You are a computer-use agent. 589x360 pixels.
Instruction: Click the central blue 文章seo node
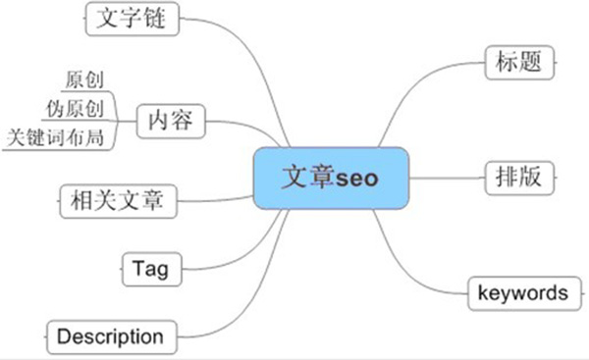(x=331, y=179)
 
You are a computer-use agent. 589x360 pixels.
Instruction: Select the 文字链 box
(x=133, y=19)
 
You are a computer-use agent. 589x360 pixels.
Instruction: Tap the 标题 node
(x=519, y=63)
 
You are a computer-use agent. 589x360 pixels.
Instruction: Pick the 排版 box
(x=519, y=178)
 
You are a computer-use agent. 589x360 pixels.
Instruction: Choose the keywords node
(x=524, y=293)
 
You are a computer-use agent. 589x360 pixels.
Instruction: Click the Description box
(x=112, y=337)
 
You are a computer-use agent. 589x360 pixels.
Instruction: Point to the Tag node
(x=152, y=269)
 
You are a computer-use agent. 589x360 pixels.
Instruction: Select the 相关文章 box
(x=118, y=201)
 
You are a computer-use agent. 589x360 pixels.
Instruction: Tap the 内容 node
(x=171, y=121)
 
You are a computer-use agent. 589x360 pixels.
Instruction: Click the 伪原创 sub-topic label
(x=76, y=109)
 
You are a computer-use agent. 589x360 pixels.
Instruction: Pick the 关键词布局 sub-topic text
(x=55, y=137)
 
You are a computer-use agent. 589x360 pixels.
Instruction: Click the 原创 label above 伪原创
(x=84, y=79)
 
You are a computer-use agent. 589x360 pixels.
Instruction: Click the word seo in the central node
(x=357, y=179)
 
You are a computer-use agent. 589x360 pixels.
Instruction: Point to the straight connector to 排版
(x=447, y=178)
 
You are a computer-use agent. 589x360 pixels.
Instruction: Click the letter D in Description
(x=64, y=336)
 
